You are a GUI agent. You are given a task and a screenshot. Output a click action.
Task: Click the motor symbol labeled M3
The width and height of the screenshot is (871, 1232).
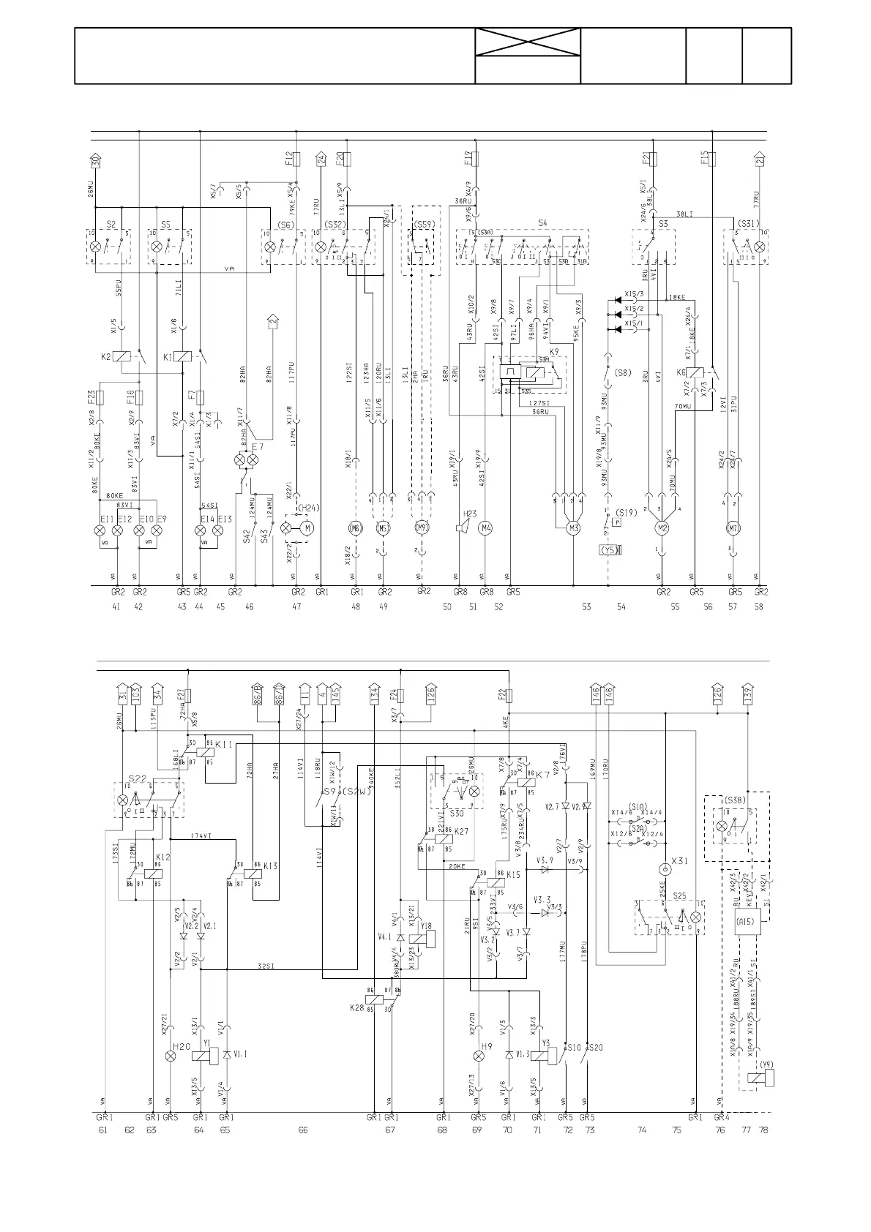[573, 528]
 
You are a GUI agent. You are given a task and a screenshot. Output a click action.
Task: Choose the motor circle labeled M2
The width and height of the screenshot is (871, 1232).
[662, 528]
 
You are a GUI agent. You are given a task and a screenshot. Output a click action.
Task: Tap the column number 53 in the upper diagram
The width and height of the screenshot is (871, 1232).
[586, 606]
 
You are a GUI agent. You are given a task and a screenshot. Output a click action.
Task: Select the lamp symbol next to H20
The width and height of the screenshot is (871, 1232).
[171, 1056]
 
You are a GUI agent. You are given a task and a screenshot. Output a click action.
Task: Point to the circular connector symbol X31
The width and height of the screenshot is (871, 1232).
[665, 869]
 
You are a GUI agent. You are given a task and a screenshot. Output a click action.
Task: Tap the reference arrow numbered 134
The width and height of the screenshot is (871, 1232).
[375, 694]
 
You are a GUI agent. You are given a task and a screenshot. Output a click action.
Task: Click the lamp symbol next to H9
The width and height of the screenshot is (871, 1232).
[479, 1056]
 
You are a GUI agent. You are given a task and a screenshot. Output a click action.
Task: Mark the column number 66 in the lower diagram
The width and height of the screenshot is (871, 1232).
[302, 1130]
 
